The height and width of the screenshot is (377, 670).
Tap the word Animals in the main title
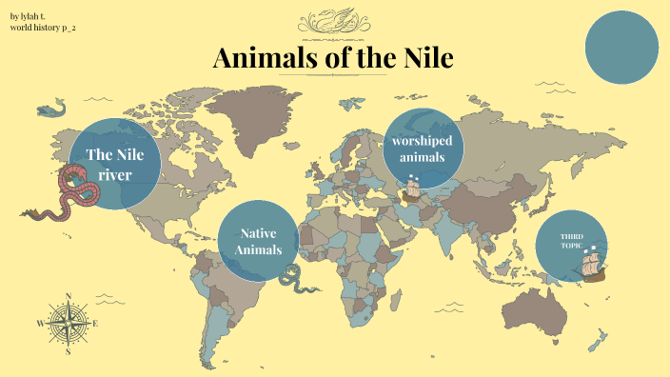[262, 58]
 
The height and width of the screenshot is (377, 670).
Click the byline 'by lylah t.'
[28, 16]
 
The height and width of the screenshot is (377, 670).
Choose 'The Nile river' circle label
[114, 164]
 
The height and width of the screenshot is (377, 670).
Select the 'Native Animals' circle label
[259, 242]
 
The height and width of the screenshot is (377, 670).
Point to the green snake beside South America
[296, 280]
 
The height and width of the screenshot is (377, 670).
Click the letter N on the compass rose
[69, 295]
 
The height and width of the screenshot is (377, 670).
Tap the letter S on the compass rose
[69, 351]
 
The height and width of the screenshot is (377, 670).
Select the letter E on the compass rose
[96, 324]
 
